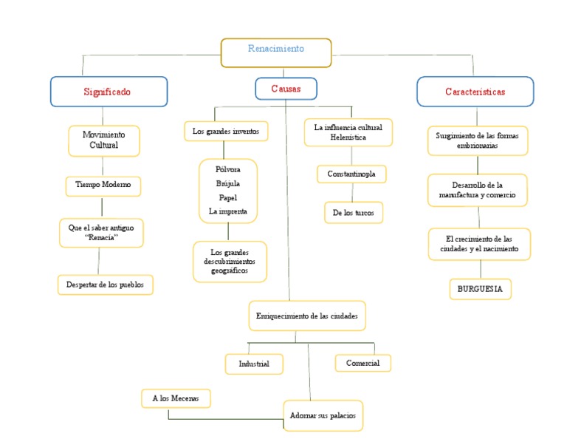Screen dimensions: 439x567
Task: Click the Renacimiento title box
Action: click(x=276, y=51)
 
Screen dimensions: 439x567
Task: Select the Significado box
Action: click(x=109, y=92)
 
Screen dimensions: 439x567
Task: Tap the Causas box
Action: click(x=286, y=89)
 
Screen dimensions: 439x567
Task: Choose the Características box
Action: click(x=475, y=92)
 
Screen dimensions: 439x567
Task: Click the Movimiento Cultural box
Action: click(x=103, y=140)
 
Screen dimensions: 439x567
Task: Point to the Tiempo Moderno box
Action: click(x=103, y=185)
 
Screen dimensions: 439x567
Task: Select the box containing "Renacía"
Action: click(x=101, y=232)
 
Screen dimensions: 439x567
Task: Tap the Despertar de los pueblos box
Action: click(x=106, y=285)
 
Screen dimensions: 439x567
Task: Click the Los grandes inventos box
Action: click(x=225, y=132)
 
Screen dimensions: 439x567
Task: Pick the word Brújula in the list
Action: click(x=227, y=183)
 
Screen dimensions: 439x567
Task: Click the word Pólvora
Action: click(x=227, y=169)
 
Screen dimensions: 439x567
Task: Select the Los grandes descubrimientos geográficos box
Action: click(x=230, y=262)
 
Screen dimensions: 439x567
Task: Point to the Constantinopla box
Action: click(x=351, y=174)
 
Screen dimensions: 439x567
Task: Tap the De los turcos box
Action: click(x=354, y=213)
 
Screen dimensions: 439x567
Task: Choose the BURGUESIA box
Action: click(x=480, y=289)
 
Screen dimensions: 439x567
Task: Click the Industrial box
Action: click(x=254, y=364)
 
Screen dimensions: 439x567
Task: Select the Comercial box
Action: click(x=362, y=363)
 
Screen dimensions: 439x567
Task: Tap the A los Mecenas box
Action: click(x=176, y=398)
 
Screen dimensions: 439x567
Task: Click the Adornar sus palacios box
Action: click(x=322, y=415)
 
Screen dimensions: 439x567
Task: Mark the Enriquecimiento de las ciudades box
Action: click(x=306, y=316)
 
